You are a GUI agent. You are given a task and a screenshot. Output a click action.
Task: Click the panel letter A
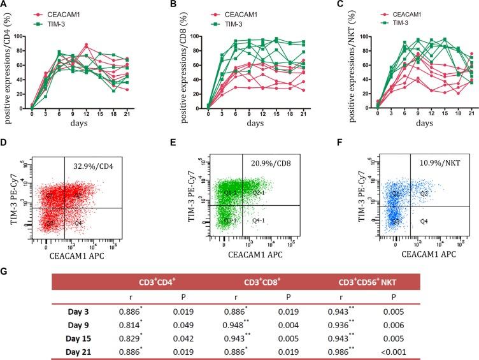point(4,5)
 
